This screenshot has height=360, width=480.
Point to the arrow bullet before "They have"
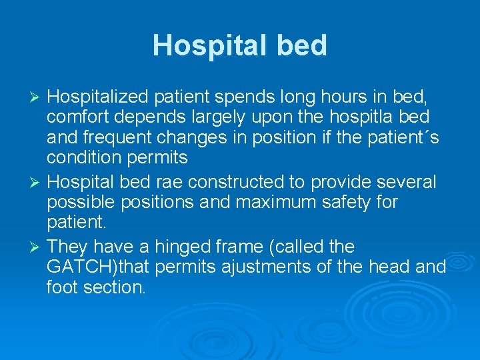tap(37, 247)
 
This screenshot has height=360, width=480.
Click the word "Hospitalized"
tap(98, 97)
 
